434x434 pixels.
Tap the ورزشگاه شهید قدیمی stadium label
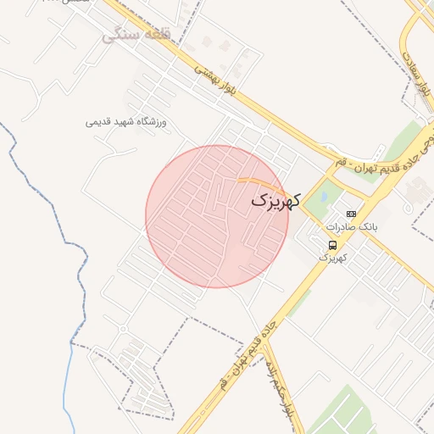(x=126, y=122)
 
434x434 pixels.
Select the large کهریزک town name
(x=275, y=202)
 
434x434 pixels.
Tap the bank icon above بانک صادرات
(x=351, y=214)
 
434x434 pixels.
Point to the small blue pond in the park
(x=322, y=199)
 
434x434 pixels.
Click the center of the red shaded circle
(x=217, y=216)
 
